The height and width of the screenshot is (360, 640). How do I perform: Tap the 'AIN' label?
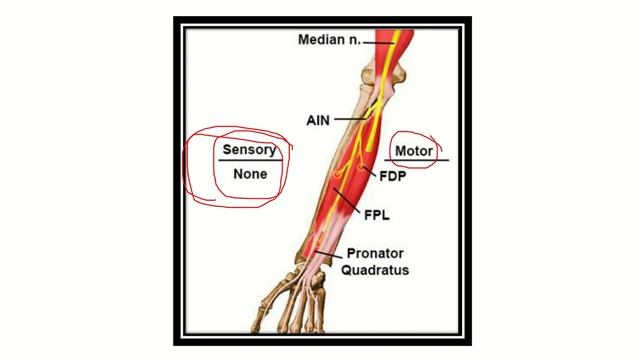click(x=317, y=119)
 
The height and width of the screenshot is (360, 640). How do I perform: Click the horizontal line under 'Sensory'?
click(x=250, y=161)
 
